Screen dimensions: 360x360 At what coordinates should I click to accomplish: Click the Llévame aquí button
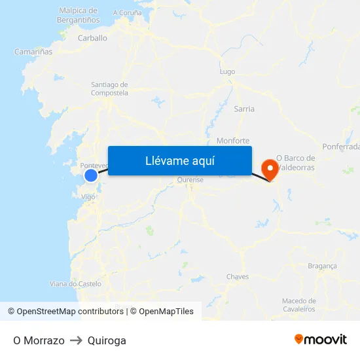179,160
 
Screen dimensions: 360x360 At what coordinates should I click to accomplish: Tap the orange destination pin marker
268,170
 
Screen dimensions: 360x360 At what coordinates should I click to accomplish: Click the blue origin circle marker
91,175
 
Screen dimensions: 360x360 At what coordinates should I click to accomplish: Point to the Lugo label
228,71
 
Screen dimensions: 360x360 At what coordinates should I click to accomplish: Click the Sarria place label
244,109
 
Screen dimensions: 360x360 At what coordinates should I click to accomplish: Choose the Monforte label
233,141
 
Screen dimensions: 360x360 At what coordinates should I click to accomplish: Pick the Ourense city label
190,180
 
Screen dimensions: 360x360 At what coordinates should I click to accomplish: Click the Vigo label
88,196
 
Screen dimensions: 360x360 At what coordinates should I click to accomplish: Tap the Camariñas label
33,51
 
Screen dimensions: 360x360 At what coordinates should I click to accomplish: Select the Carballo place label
92,38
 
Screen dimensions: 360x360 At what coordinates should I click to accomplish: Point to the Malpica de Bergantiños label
79,15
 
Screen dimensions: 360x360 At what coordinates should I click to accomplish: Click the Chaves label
238,276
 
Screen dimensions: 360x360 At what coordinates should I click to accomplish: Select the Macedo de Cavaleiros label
298,304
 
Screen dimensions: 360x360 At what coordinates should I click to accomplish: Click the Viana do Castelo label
76,283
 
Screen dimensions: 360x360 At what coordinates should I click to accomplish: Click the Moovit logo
321,339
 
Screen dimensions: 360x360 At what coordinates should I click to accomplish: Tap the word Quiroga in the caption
107,340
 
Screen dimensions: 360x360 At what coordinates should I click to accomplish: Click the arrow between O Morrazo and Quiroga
76,340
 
